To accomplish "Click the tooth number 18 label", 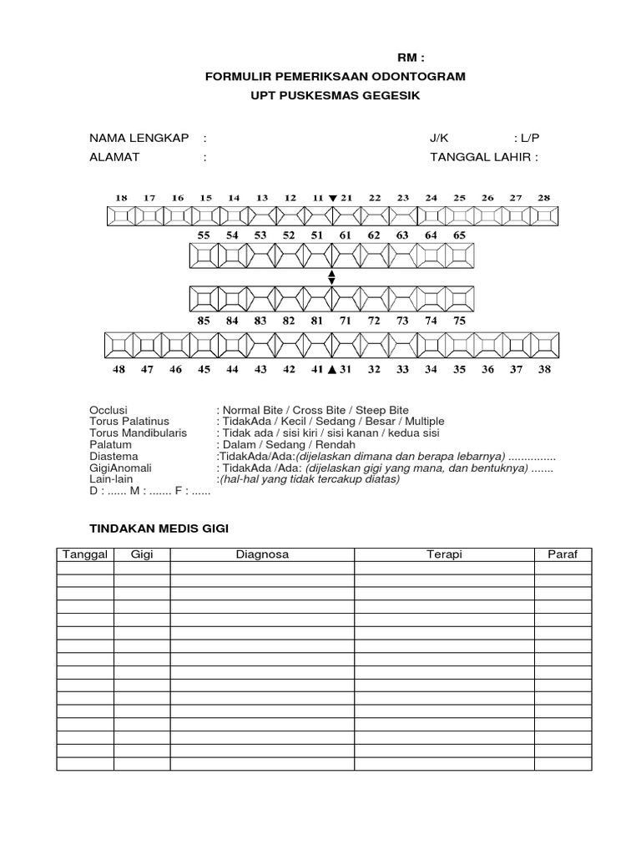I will coord(121,198).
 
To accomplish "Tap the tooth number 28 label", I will coord(544,198).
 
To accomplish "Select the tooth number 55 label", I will coord(204,235).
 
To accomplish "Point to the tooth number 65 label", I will coord(459,235).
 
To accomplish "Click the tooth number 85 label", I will coord(204,320).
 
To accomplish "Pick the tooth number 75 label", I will coord(459,320).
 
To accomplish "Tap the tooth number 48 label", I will coord(121,369).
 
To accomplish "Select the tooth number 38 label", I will coord(544,369).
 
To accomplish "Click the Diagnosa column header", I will coord(262,554).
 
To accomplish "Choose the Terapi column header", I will coord(444,554).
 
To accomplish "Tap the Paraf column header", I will coord(563,554).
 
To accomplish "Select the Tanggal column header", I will coord(85,554).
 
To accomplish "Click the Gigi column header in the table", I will coord(142,554).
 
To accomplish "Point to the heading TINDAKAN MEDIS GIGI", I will coord(159,529).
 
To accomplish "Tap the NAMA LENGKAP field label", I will coord(139,138).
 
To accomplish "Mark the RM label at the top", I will coord(410,58).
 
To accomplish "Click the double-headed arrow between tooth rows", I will coord(331,277).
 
